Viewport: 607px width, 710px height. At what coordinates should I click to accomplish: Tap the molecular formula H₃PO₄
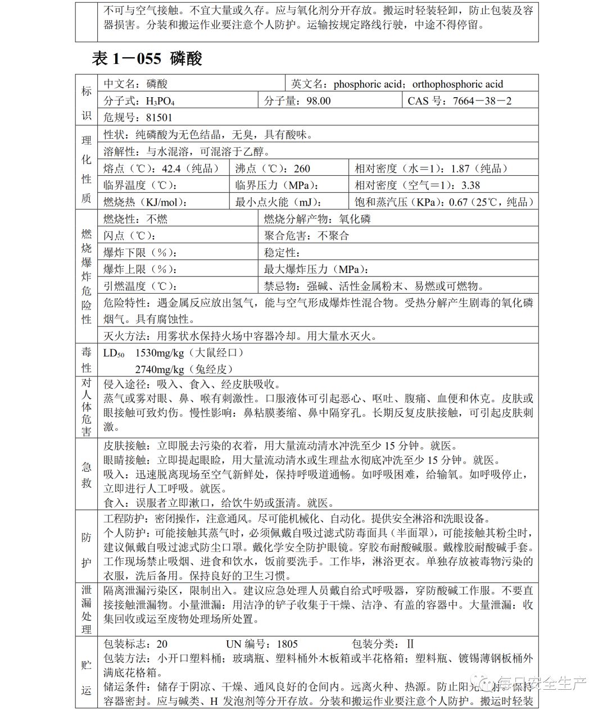(160, 101)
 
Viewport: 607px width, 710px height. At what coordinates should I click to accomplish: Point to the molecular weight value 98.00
(318, 101)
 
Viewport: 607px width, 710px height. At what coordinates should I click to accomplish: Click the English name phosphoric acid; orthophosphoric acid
(418, 84)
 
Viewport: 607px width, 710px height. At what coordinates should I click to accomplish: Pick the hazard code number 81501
(159, 117)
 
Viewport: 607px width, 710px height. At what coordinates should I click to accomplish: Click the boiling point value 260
(301, 169)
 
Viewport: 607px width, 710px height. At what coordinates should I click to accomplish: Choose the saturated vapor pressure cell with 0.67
(444, 202)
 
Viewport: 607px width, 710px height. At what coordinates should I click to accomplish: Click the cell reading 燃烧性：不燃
(135, 219)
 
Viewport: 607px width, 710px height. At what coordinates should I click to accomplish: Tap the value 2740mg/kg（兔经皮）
(183, 369)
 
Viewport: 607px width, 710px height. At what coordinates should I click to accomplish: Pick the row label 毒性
(87, 360)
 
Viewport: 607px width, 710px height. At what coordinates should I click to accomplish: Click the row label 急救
(87, 474)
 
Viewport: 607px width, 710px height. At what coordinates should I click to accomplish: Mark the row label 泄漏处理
(87, 610)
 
